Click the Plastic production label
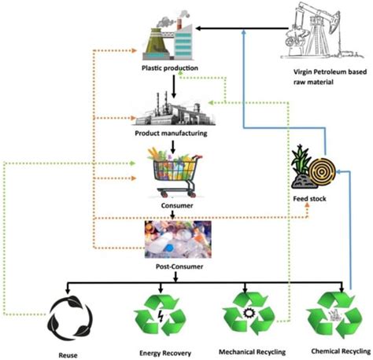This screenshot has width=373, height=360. click(169, 68)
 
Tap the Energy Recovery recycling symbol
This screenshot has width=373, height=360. click(161, 314)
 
